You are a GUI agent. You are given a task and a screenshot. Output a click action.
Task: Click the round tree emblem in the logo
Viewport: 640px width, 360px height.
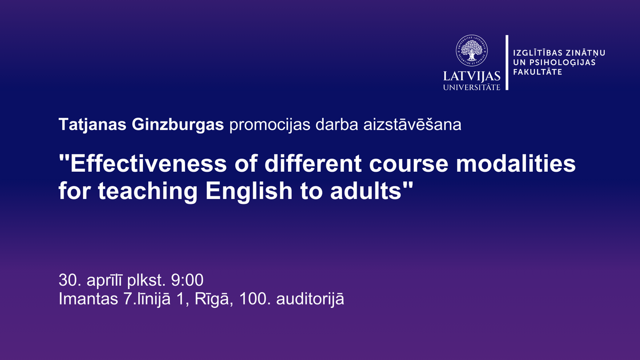coord(471,51)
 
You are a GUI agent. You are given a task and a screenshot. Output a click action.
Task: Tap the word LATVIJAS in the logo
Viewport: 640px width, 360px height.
coord(471,76)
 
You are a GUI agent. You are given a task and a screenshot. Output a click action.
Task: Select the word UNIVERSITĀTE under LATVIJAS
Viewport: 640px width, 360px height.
coord(471,87)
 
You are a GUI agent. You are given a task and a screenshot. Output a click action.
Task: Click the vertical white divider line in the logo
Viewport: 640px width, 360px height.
coord(507,62)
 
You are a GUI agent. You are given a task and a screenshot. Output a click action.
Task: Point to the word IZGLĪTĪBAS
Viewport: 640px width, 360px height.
coord(538,53)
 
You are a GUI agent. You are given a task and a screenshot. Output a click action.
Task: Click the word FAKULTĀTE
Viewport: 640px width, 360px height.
coord(538,71)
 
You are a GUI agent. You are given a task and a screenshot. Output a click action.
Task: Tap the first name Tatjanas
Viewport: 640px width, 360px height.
coord(92,125)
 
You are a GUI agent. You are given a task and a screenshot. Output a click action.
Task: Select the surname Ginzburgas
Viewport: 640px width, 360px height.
coord(178,125)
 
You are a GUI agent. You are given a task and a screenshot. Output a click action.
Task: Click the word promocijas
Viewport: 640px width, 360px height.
coord(270,125)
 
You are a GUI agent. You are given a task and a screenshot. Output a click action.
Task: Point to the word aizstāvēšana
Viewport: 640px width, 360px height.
coord(412,125)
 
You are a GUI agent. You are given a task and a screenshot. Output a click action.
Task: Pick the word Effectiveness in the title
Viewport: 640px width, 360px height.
coord(146,164)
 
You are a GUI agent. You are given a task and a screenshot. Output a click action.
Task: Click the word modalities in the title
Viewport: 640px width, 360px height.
coord(516,164)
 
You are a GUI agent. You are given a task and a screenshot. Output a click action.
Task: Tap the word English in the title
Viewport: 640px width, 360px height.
coord(249,190)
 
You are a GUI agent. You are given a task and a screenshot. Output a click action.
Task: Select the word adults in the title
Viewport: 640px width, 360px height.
coord(366,190)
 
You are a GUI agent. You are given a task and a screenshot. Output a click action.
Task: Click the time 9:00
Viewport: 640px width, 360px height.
coord(187,280)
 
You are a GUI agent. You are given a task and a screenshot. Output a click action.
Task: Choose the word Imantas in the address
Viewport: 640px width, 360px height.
coord(89,299)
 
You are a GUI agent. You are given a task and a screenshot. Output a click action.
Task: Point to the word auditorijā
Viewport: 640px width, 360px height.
coord(310,299)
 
